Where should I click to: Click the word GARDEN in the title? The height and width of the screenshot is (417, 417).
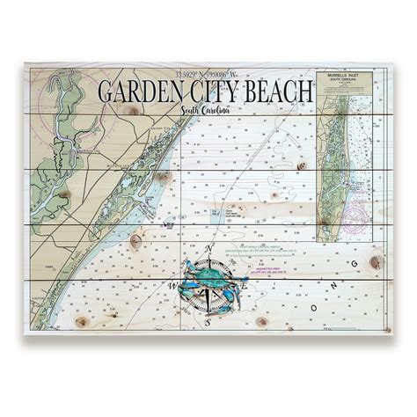[x=141, y=91]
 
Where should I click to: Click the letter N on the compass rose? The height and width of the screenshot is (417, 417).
[x=208, y=249]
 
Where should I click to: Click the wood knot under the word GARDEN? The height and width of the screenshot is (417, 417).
[x=134, y=109]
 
